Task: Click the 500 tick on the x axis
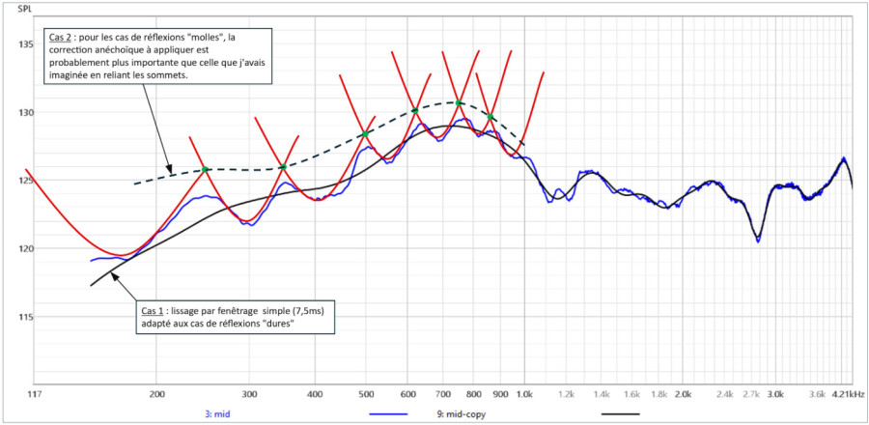pos(365,394)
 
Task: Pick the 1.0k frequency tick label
pos(524,394)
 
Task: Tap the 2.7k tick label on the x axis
pos(751,394)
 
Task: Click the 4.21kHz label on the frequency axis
pos(848,394)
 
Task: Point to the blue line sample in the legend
pos(388,414)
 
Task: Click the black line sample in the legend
pos(620,414)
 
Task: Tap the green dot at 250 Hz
pos(205,169)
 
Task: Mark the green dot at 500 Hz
pos(365,134)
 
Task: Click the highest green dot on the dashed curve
pos(459,102)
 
